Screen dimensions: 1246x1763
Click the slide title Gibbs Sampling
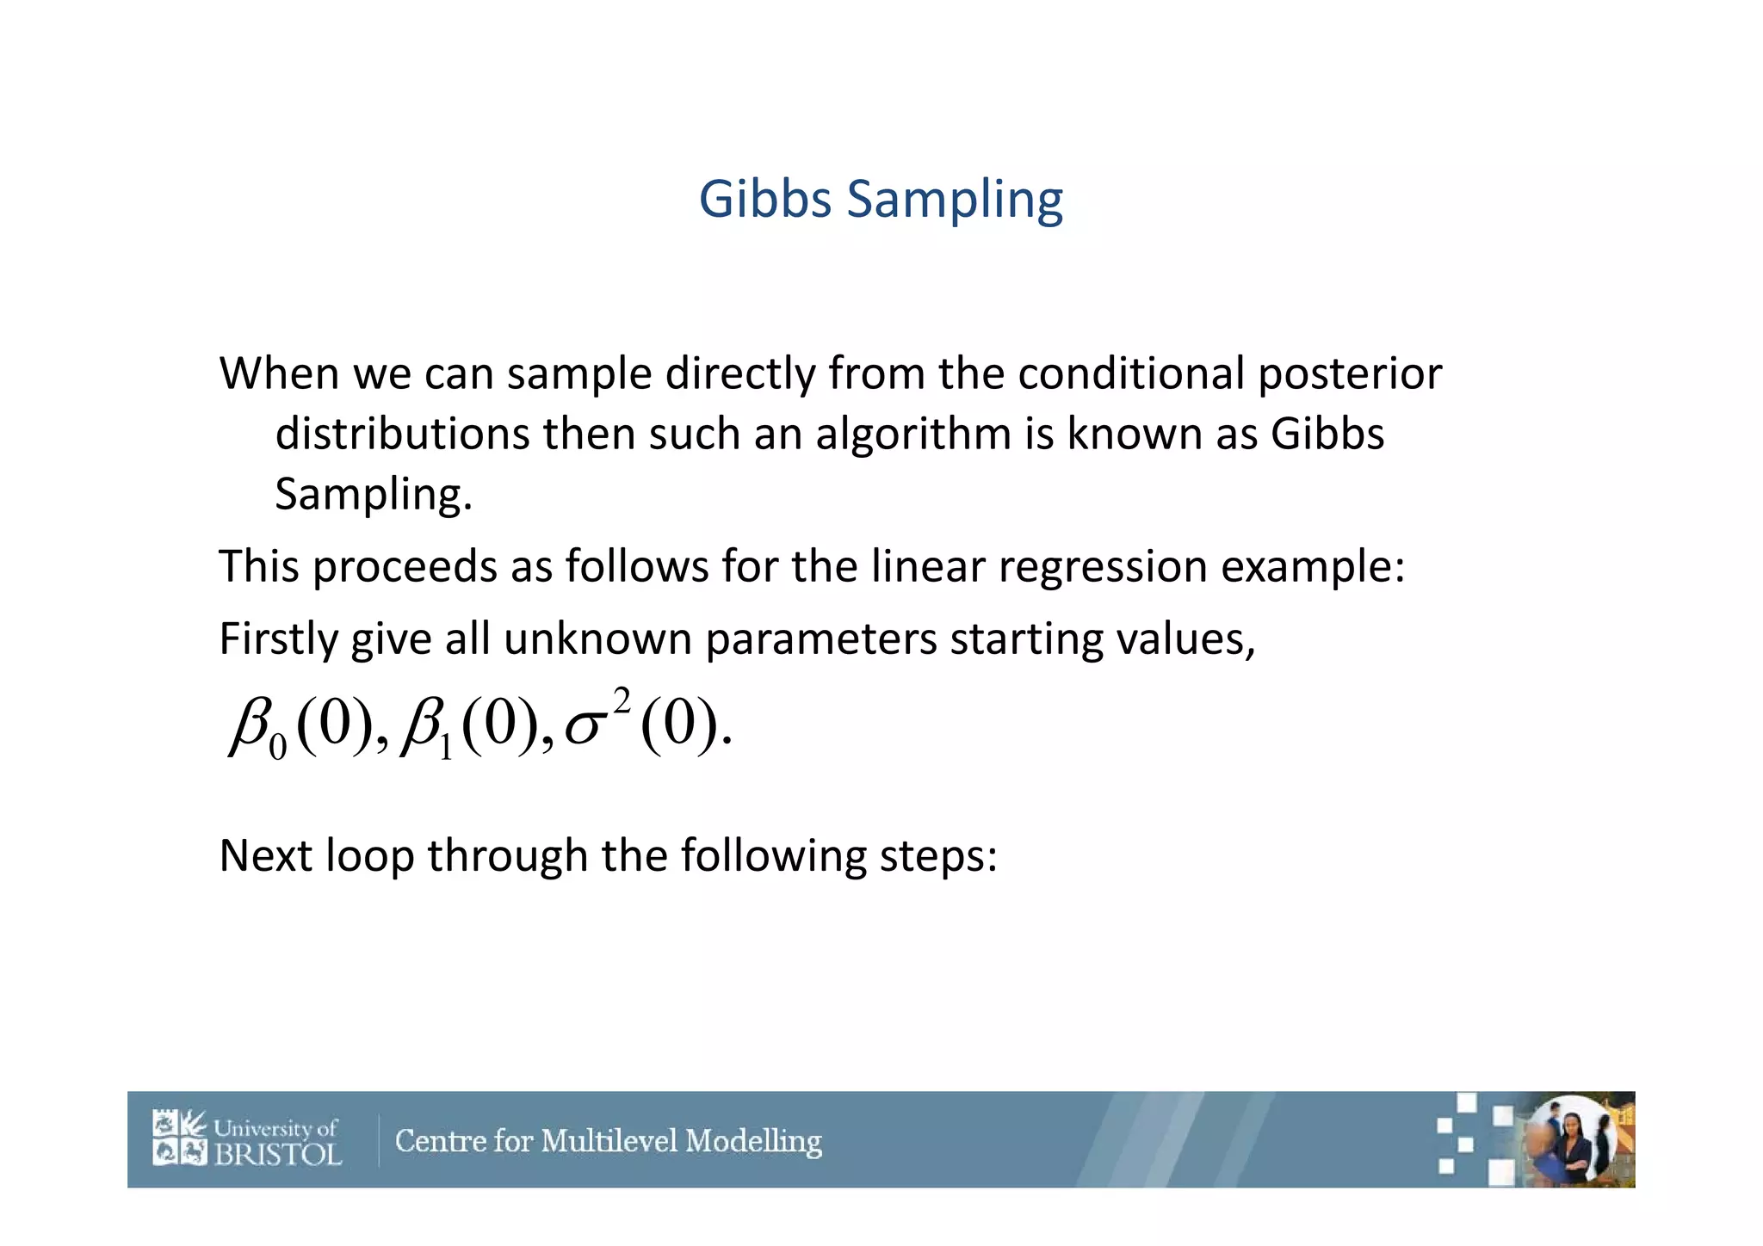pyautogui.click(x=881, y=200)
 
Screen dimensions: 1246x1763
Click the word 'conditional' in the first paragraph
pyautogui.click(x=1130, y=374)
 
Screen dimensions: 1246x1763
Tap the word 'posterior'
pyautogui.click(x=1350, y=374)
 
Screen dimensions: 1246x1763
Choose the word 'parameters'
pyautogui.click(x=821, y=639)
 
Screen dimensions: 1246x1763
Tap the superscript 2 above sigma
pyautogui.click(x=622, y=699)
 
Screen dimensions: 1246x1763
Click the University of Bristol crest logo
pyautogui.click(x=180, y=1138)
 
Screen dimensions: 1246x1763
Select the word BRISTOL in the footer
pyautogui.click(x=277, y=1153)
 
